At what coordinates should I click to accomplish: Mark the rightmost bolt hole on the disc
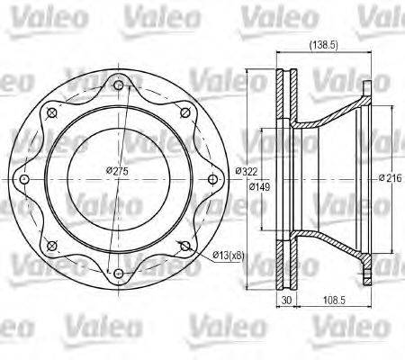pos(213,179)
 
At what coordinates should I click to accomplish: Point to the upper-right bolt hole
pos(185,112)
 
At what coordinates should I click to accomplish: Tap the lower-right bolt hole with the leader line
pos(185,247)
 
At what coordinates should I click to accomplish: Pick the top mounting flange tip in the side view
pos(366,88)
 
